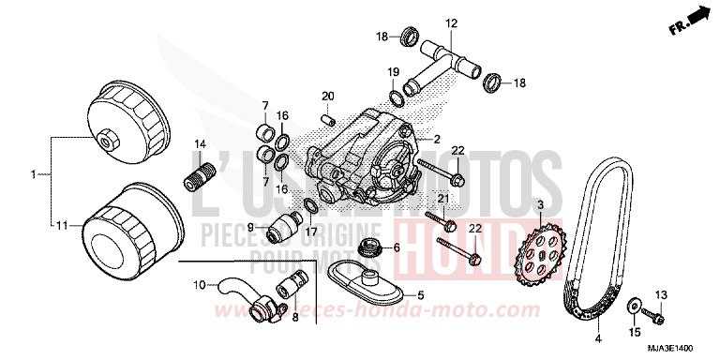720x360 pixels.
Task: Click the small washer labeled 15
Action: click(635, 306)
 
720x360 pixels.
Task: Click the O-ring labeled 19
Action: click(400, 92)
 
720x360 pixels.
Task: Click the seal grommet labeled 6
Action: click(372, 247)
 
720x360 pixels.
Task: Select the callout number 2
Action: click(435, 139)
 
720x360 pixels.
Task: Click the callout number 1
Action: click(34, 174)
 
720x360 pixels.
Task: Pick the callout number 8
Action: click(295, 318)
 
